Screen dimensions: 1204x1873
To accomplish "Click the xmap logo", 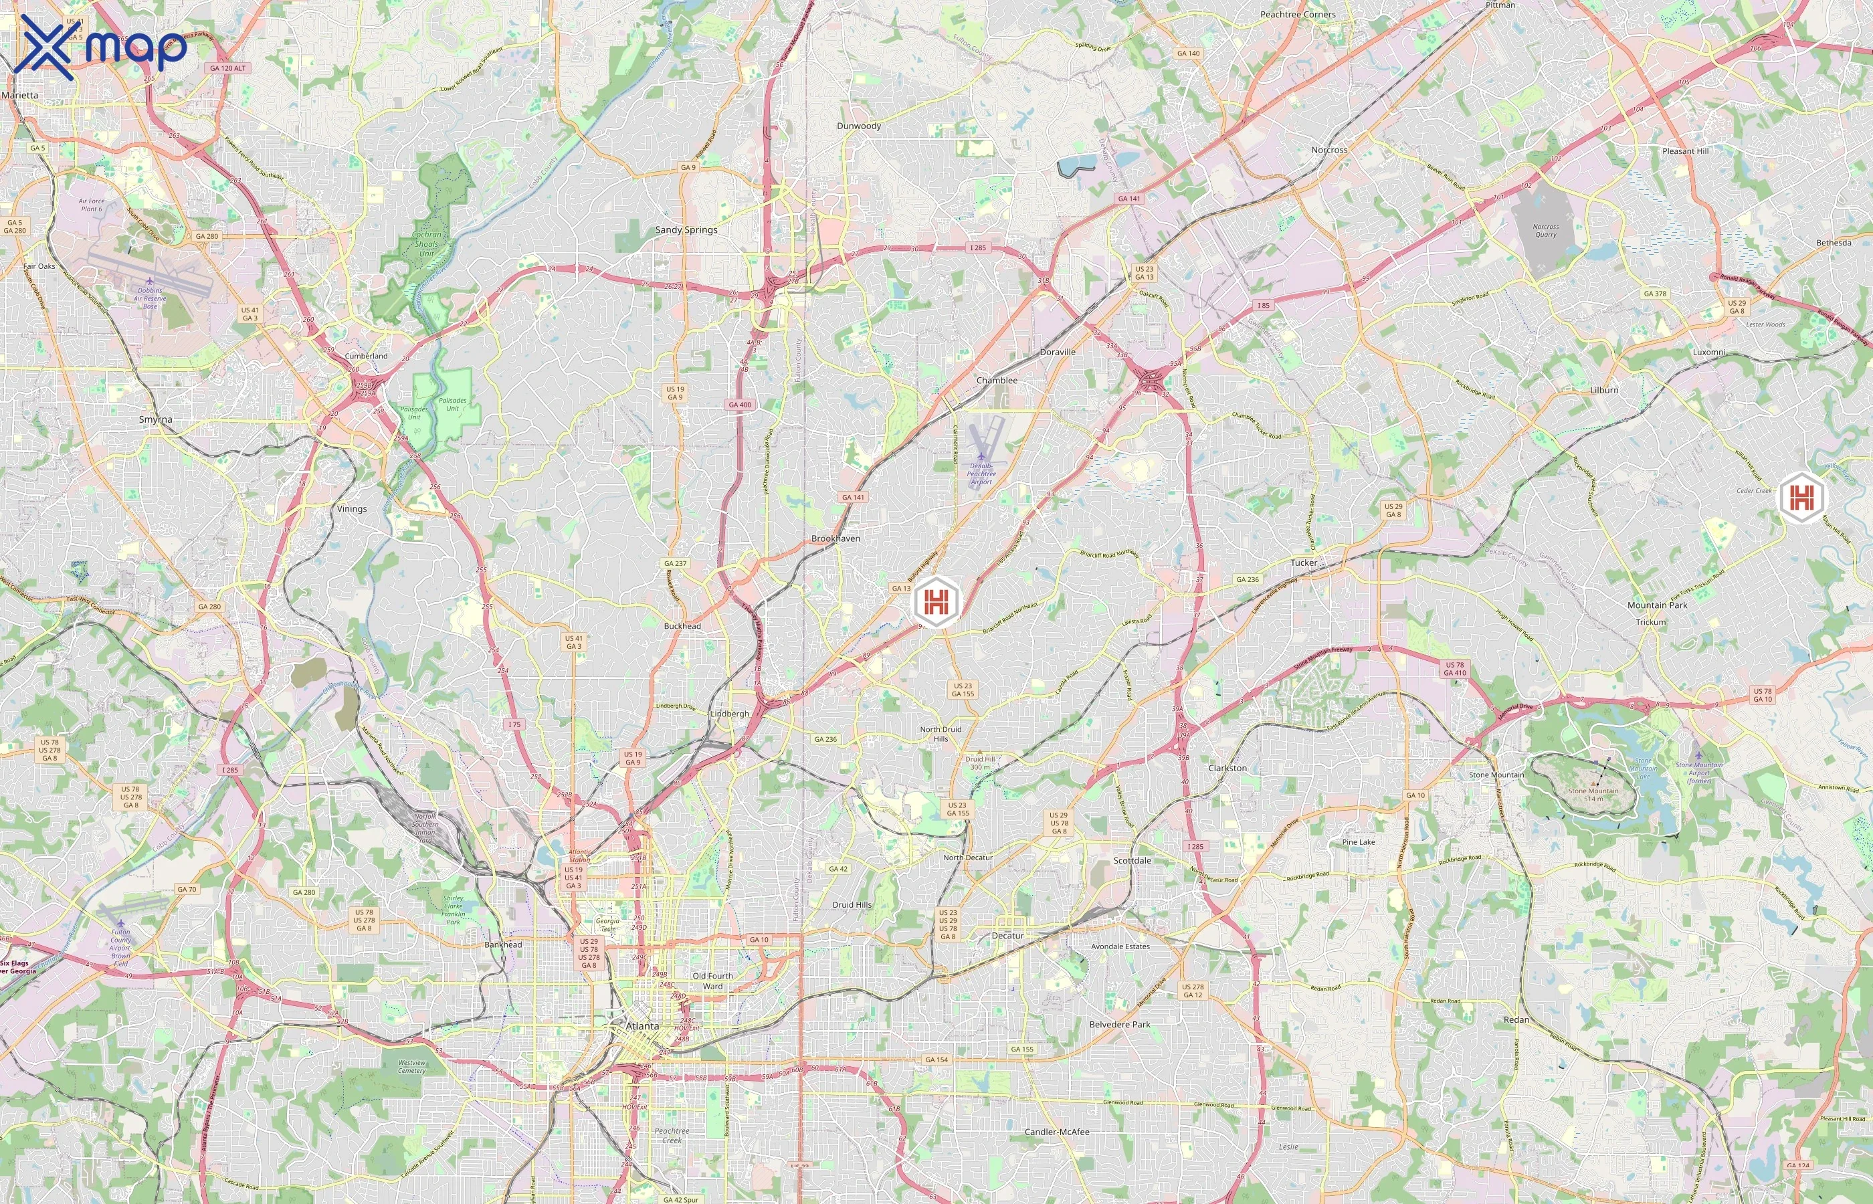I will (x=100, y=47).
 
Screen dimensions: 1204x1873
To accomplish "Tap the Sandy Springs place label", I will (x=686, y=230).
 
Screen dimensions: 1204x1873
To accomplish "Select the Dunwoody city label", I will (x=858, y=126).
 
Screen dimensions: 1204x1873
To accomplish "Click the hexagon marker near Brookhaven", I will (x=936, y=601).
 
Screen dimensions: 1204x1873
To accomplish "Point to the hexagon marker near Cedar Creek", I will (x=1801, y=496).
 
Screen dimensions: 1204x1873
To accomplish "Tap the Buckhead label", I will (x=682, y=626).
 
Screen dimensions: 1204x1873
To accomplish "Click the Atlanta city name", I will (x=642, y=1026).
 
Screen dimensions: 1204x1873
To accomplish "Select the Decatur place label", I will (x=1007, y=936).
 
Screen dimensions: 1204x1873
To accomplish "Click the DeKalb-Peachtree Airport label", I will (x=981, y=474).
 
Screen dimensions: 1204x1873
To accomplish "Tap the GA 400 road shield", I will (x=740, y=405).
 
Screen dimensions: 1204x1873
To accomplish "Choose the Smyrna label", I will (x=156, y=420).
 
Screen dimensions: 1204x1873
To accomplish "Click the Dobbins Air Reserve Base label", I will (x=149, y=298).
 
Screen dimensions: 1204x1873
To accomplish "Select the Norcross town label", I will (x=1329, y=150).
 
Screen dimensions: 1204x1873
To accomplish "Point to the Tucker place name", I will (x=1303, y=563).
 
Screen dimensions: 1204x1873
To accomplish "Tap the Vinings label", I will (x=351, y=509).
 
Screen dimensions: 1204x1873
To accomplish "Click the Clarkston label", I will (x=1227, y=769).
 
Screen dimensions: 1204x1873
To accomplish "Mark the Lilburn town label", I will (x=1604, y=390).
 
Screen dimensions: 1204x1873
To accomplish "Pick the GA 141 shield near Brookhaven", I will (x=853, y=497).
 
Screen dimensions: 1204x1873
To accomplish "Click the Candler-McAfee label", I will (x=1056, y=1132).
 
